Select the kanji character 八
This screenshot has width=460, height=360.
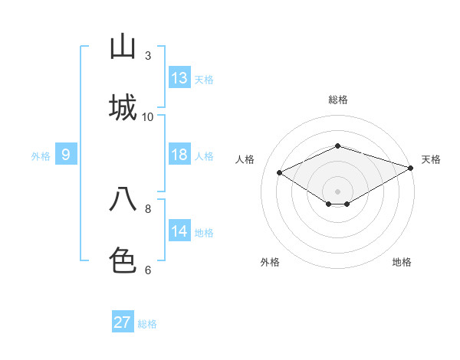point(123,200)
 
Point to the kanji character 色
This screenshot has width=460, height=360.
point(123,261)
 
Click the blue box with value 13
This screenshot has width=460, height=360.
point(179,78)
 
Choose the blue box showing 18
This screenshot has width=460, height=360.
point(179,155)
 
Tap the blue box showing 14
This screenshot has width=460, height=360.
point(179,231)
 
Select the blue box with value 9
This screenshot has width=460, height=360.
point(66,155)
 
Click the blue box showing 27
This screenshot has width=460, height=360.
point(123,322)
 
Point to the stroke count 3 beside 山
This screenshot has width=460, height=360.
point(148,56)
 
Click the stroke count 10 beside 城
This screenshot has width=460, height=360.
point(148,117)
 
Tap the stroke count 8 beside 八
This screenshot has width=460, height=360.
point(148,208)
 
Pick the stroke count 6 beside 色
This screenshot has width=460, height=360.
point(148,270)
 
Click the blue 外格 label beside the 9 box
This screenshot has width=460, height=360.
point(41,156)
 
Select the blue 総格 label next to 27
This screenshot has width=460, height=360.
point(147,324)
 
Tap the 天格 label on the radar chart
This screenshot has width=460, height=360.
point(431,159)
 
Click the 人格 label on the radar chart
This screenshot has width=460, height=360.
point(245,159)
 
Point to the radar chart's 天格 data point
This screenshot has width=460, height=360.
point(412,166)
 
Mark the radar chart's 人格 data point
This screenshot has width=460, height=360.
point(280,172)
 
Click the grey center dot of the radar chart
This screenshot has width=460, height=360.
point(337,191)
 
